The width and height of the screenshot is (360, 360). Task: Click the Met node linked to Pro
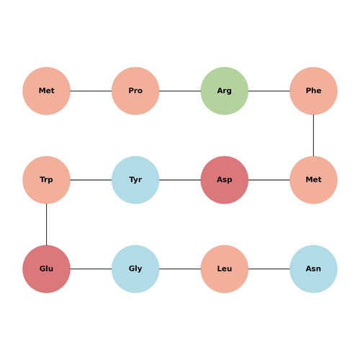[46, 91]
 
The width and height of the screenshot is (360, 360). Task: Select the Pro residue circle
[135, 91]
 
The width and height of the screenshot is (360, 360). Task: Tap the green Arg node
[225, 91]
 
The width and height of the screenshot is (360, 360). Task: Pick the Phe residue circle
[313, 91]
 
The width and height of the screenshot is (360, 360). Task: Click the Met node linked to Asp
[313, 180]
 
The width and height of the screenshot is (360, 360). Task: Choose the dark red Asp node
[225, 180]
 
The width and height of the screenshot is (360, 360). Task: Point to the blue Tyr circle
[135, 180]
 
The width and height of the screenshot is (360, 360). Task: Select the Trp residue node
[46, 180]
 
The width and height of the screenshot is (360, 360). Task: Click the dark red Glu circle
[46, 269]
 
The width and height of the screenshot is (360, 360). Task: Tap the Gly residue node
[135, 269]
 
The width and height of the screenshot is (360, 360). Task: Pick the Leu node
[225, 269]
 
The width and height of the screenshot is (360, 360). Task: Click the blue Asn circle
[313, 269]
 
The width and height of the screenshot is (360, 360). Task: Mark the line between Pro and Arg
[180, 91]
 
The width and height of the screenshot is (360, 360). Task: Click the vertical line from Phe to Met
[313, 135]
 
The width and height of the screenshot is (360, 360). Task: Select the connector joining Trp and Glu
[46, 225]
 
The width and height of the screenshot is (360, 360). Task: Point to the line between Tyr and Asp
[180, 180]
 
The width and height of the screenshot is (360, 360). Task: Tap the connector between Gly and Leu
[180, 269]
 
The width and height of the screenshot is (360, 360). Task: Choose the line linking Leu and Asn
[269, 269]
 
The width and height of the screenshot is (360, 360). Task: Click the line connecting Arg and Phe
[269, 91]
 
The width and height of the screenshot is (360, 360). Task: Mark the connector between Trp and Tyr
[91, 180]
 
